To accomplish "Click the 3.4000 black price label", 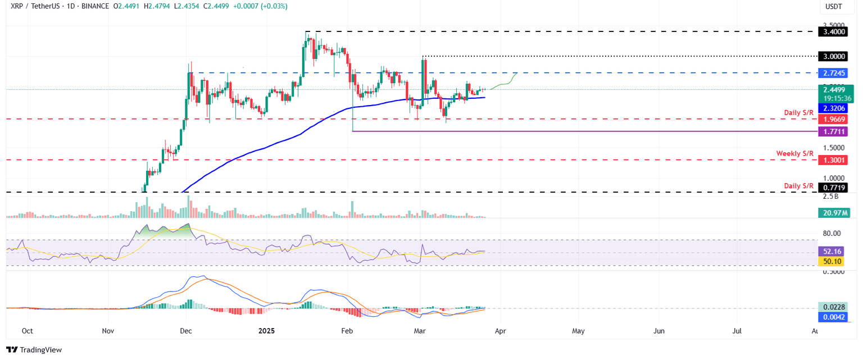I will (834, 32).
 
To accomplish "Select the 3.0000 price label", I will (834, 57).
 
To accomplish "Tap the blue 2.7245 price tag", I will (834, 73).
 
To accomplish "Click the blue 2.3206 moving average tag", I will (834, 108).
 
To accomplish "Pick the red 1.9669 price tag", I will (834, 119).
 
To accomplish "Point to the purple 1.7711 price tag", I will (834, 131).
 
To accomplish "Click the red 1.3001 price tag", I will (834, 160).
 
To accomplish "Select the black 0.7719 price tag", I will (834, 186).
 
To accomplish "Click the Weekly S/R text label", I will (794, 153).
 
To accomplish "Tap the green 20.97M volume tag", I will (834, 213).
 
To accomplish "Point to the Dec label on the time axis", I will (186, 331).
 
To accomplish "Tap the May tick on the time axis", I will (578, 331).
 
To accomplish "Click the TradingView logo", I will (34, 349).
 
